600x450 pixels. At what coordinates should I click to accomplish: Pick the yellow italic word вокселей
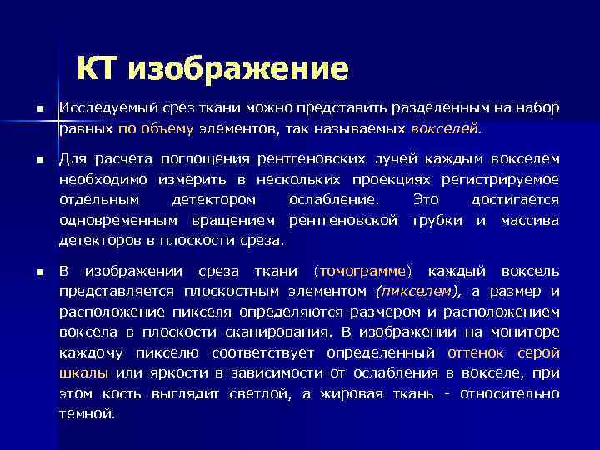click(x=446, y=129)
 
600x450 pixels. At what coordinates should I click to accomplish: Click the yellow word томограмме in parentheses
click(x=364, y=271)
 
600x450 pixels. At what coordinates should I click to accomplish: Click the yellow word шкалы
click(x=83, y=372)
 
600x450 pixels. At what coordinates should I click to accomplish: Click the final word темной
click(x=86, y=413)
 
